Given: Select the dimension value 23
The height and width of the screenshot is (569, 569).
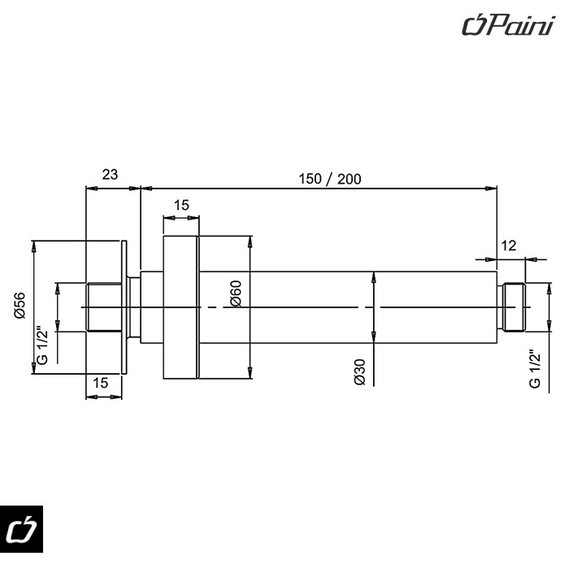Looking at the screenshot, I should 110,174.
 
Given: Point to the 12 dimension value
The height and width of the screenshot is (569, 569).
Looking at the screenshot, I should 510,245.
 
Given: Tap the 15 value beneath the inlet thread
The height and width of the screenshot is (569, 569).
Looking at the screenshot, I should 101,382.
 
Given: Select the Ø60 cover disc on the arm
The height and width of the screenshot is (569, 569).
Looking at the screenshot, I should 180,306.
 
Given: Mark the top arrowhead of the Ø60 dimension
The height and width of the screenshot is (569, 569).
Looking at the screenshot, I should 249,241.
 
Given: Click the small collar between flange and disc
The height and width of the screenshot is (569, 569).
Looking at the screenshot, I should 136,306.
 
